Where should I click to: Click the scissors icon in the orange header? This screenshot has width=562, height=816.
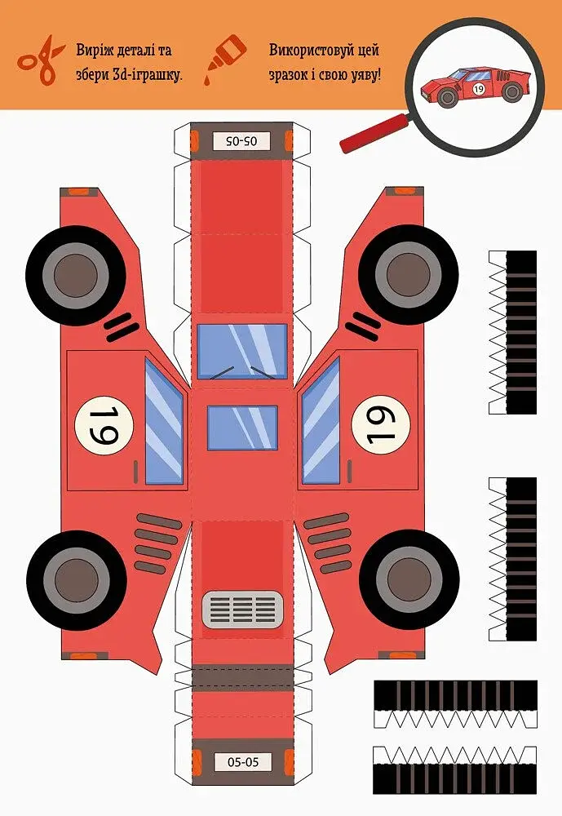point(41,60)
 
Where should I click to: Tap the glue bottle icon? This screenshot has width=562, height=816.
point(224,60)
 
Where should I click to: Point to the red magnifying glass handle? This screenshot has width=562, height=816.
point(374,134)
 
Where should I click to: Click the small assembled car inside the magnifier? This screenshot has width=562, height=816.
point(476,86)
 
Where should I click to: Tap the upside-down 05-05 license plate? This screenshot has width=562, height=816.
point(242,140)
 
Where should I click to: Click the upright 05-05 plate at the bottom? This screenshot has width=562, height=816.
point(243,762)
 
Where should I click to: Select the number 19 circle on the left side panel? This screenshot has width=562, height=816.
point(104,426)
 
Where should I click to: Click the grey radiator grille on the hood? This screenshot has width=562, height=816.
point(242,610)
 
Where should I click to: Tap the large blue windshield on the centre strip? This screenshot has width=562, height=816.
point(242,351)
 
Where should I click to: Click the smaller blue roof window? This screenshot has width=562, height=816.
point(242,428)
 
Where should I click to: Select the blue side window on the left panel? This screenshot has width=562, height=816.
point(164,421)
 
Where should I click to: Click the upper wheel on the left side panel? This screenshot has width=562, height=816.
point(76,275)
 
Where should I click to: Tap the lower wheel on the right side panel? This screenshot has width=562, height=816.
point(409,579)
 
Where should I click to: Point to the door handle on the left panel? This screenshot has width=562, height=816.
point(136,472)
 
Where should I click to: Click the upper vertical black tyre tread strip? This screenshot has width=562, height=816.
point(512,332)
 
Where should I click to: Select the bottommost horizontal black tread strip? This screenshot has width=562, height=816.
point(455,769)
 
